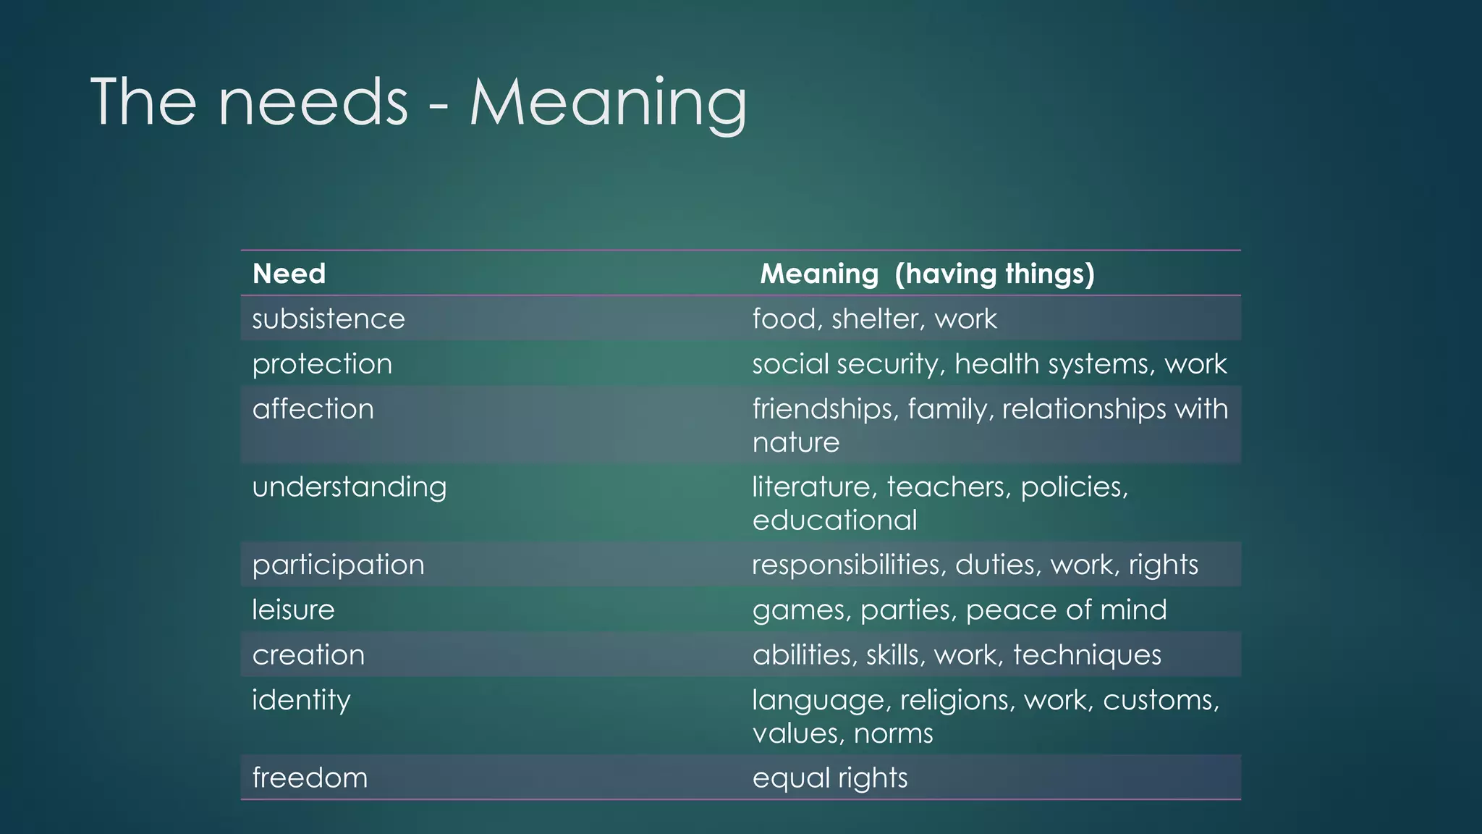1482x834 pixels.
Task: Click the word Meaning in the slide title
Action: point(608,103)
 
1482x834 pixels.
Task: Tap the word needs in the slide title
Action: point(313,103)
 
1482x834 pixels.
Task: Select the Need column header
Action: point(289,274)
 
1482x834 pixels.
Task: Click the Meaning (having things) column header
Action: point(927,274)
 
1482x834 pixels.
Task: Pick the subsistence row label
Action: point(328,319)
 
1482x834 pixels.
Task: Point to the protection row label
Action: point(322,364)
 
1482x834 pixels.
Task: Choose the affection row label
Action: point(313,409)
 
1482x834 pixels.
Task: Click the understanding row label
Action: point(349,487)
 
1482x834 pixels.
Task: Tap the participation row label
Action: point(338,565)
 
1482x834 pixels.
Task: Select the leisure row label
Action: point(293,610)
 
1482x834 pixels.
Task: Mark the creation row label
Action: point(308,655)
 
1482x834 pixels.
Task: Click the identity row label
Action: point(301,700)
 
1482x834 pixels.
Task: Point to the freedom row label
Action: point(310,778)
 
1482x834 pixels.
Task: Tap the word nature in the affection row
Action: point(796,442)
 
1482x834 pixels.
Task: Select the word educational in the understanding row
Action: point(834,521)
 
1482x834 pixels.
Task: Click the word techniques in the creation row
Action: point(1087,655)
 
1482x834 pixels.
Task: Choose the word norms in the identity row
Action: point(893,733)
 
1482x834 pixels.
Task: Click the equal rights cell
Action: point(829,778)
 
